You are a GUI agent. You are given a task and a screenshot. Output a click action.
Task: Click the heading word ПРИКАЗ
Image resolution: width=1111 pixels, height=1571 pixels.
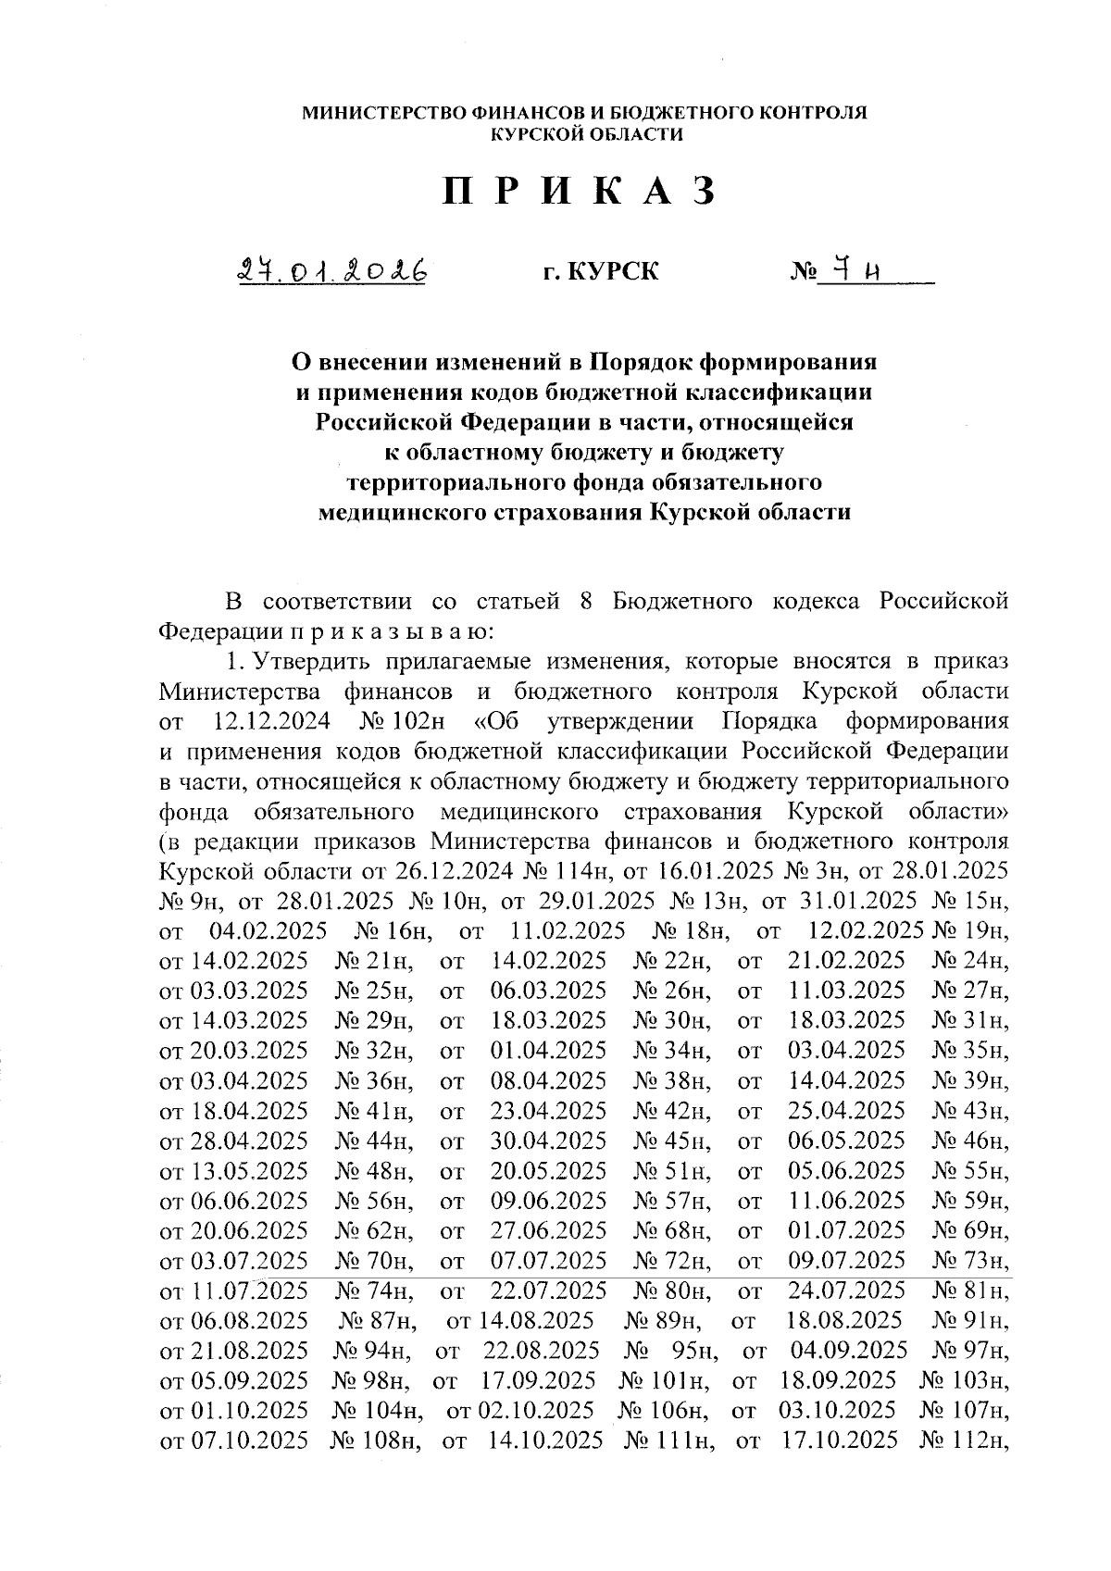point(580,192)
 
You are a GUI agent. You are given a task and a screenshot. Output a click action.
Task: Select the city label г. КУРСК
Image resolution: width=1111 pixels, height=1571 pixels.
point(601,272)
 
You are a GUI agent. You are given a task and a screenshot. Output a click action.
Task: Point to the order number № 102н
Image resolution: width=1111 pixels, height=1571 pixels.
point(400,722)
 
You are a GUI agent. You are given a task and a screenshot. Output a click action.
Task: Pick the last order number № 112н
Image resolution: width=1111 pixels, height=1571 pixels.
point(964,1440)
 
